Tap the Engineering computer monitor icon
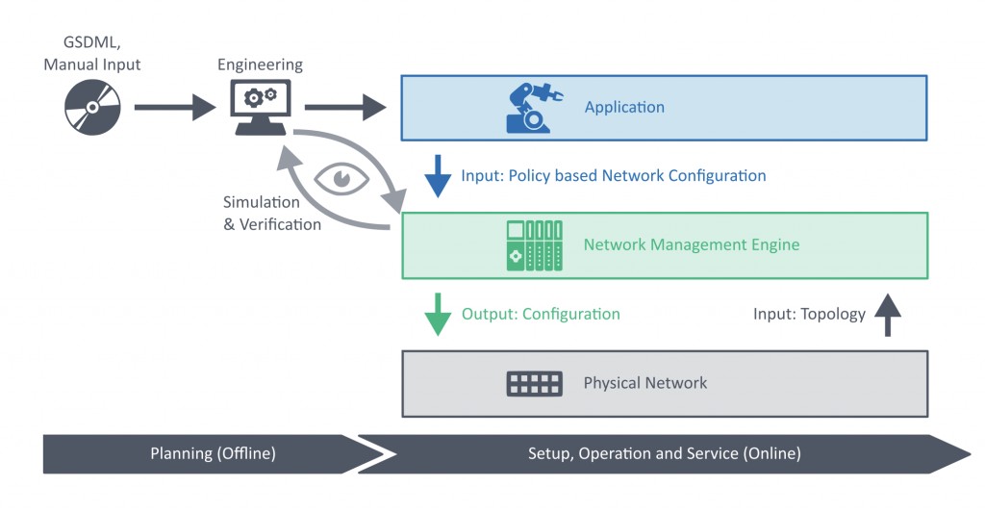[260, 106]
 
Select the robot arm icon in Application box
[531, 108]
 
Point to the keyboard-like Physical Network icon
[534, 384]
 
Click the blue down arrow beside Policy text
[438, 176]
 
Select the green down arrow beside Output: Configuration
[438, 314]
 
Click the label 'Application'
[624, 107]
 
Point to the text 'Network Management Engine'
[691, 244]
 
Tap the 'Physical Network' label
[644, 383]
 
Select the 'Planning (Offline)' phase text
[213, 453]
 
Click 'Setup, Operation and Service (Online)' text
[664, 453]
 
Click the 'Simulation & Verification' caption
[267, 213]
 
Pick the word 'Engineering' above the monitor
[260, 64]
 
